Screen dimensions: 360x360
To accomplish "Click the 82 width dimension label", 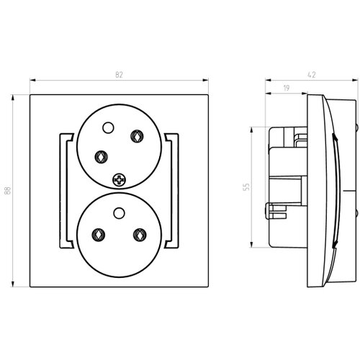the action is pos(119,75).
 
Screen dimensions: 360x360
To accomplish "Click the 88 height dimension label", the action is pos(8,190).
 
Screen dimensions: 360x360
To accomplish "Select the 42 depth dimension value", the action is pos(311,75).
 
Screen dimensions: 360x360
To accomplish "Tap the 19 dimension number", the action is pos(287,88).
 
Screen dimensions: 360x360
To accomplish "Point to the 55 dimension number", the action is pos(246,186).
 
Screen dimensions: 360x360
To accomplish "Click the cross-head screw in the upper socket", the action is pos(119,180).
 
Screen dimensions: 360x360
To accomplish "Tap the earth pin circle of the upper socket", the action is pos(108,127).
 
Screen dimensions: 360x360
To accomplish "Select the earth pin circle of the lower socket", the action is pos(119,213).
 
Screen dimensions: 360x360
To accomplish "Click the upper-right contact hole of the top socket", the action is pos(137,136).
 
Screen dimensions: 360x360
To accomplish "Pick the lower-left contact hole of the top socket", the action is pos(102,157).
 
